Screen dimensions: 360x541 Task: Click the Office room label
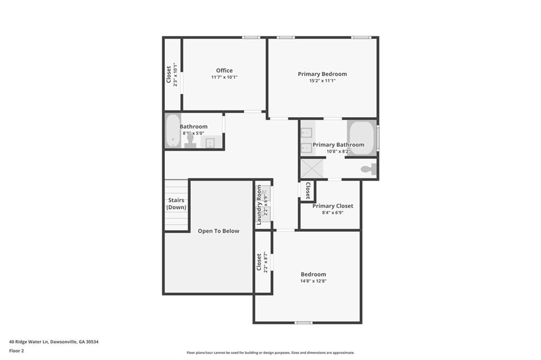(x=224, y=71)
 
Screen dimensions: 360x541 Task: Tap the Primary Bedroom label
(x=322, y=74)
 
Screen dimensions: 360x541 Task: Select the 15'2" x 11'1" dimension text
(x=322, y=81)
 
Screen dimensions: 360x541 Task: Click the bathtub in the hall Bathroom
(x=172, y=131)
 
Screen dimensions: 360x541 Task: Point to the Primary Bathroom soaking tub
(x=361, y=138)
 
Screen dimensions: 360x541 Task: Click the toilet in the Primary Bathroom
(x=368, y=169)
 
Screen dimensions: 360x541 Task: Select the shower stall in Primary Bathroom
(x=313, y=169)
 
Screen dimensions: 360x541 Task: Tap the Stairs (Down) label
(x=176, y=204)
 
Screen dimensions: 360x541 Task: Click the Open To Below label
(x=218, y=231)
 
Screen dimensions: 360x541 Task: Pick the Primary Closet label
(x=333, y=206)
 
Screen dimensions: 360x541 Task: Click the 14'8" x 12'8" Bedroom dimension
(x=313, y=281)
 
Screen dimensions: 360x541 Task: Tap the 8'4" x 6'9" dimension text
(x=332, y=213)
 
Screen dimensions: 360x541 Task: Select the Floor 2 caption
(x=17, y=350)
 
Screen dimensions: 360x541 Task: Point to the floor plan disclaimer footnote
(x=270, y=353)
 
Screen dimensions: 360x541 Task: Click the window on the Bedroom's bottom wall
(x=303, y=323)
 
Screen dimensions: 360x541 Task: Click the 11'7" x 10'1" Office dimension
(x=224, y=77)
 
